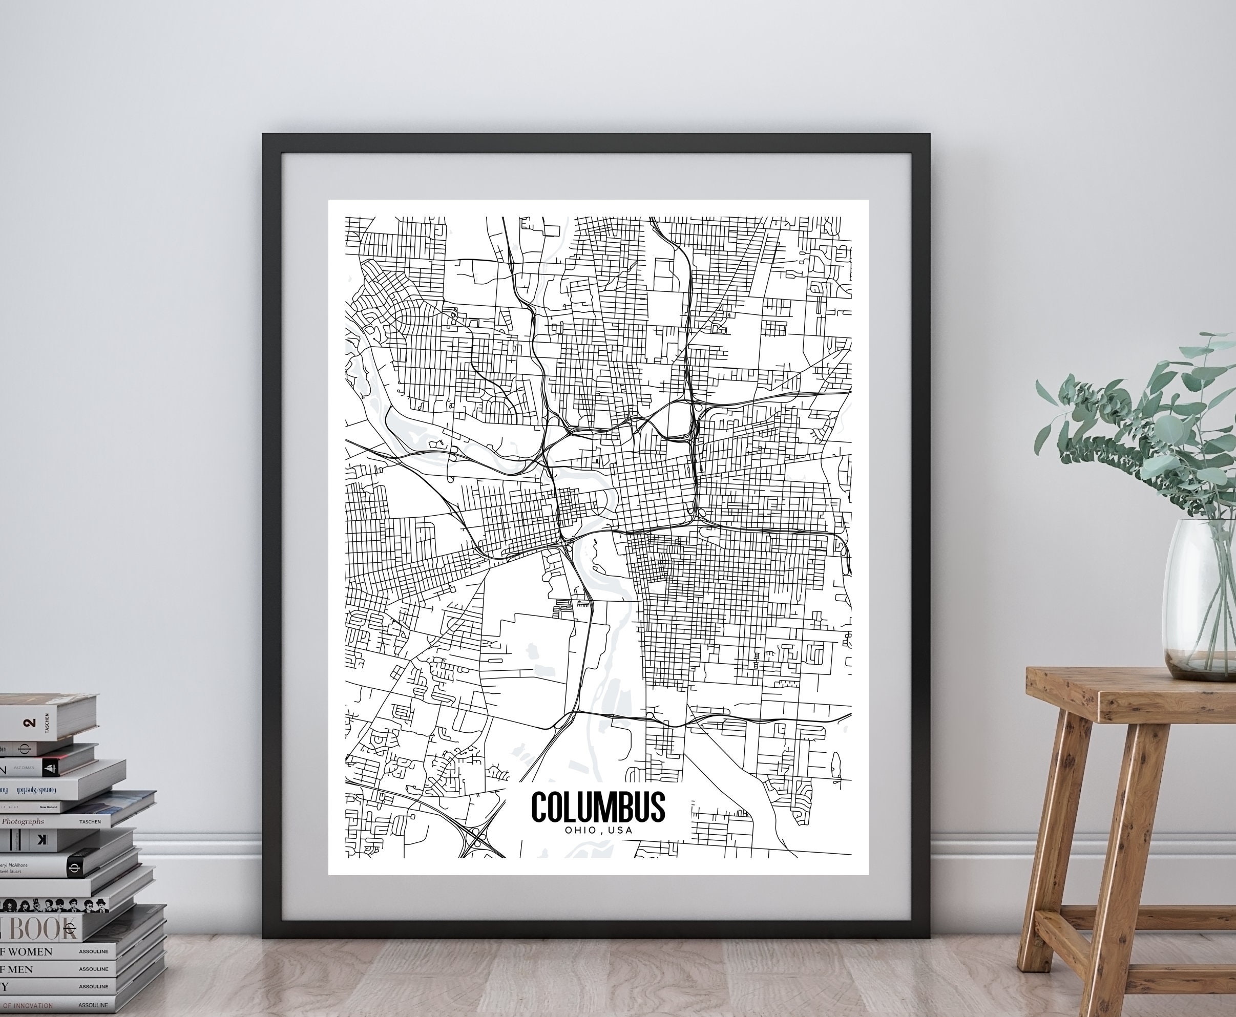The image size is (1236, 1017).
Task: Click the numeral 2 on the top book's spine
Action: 29,723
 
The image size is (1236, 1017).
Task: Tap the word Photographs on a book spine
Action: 24,822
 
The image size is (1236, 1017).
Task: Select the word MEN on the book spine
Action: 20,969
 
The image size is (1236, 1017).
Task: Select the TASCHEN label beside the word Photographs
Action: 90,822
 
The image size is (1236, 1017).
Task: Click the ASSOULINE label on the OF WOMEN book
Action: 94,952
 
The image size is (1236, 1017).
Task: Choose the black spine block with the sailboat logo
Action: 50,769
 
